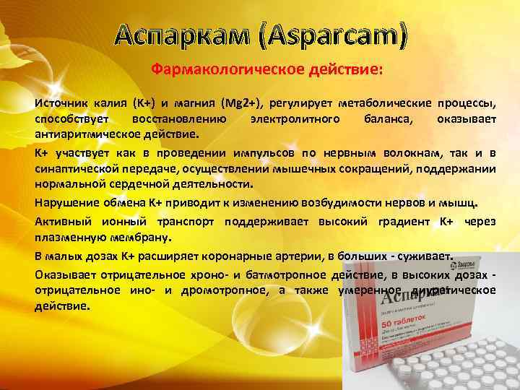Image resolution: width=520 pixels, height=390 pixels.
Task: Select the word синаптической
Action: (79, 168)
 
